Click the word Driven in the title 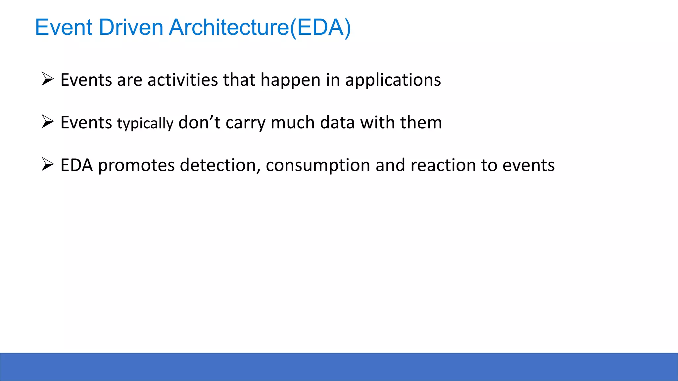[x=131, y=27]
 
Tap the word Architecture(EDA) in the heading [x=260, y=28]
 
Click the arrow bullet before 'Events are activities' [x=48, y=79]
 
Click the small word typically [x=145, y=124]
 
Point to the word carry [x=245, y=123]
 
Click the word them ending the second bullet [x=421, y=122]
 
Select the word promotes [x=136, y=165]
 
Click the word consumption [x=318, y=166]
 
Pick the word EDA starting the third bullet [x=76, y=165]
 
